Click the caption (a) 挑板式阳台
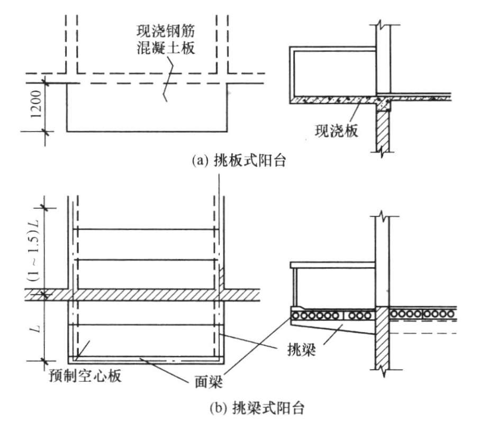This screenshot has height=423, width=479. click(240, 161)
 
